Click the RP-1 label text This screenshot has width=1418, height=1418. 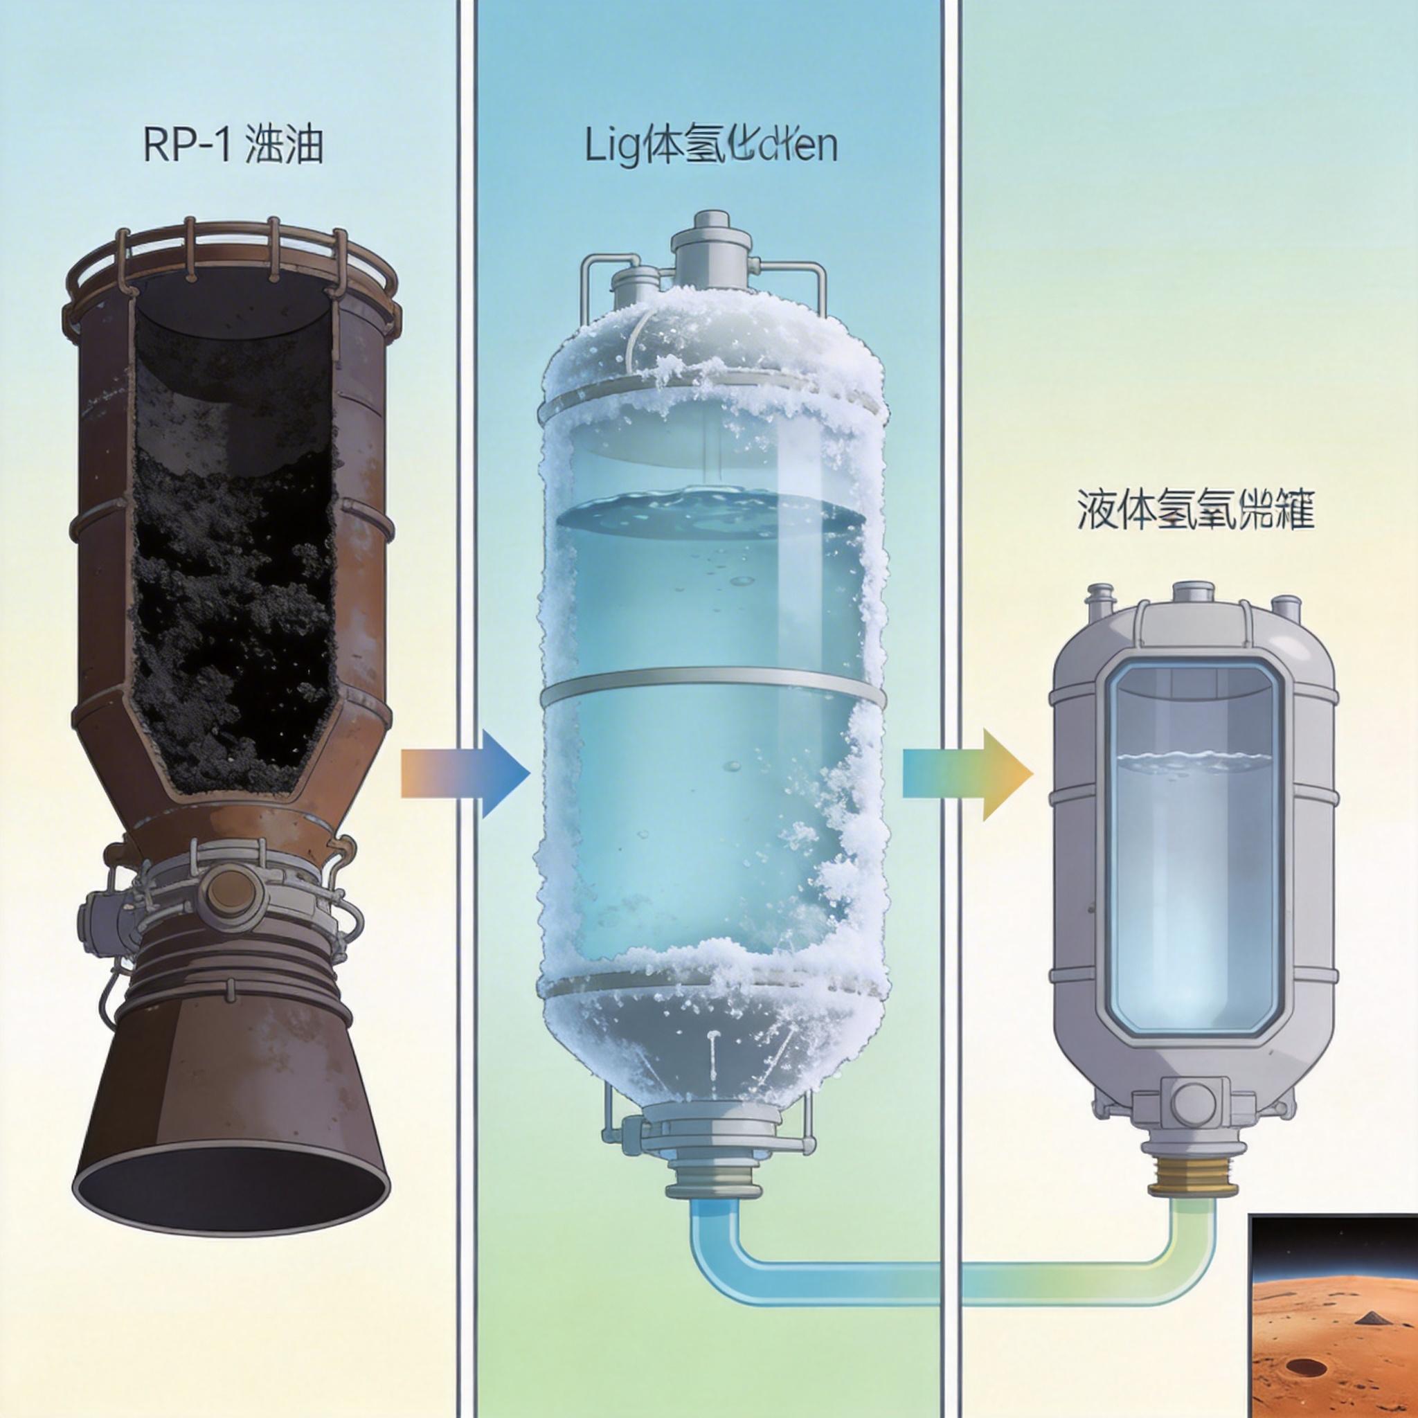pyautogui.click(x=233, y=147)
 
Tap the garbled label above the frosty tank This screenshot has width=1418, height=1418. pyautogui.click(x=710, y=147)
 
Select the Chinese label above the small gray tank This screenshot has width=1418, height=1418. pyautogui.click(x=1195, y=510)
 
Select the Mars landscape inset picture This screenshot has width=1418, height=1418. pyautogui.click(x=1333, y=1318)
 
